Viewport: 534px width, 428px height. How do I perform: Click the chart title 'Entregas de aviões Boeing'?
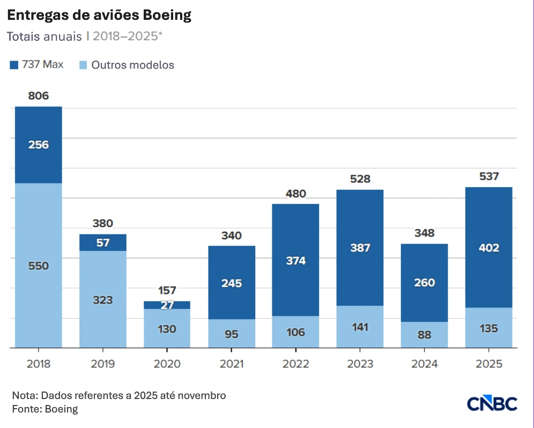click(99, 15)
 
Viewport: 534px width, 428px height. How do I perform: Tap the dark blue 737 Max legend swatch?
click(14, 65)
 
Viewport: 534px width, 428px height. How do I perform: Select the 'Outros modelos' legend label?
click(132, 65)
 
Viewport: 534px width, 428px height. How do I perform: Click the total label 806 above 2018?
click(38, 96)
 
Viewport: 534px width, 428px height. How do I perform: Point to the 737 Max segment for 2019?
click(102, 242)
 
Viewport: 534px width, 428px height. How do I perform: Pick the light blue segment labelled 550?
click(38, 265)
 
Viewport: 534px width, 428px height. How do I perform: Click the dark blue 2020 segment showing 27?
click(167, 305)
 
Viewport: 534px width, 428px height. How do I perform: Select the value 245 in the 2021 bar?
click(231, 283)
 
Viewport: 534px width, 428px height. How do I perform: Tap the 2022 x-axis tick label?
click(295, 364)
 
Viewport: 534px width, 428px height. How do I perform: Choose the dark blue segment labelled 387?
click(360, 248)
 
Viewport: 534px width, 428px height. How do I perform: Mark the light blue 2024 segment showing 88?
click(424, 335)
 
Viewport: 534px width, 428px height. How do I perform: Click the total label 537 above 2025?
click(488, 176)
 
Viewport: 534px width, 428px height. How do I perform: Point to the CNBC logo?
click(492, 403)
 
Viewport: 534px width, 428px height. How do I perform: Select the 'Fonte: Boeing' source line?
click(45, 409)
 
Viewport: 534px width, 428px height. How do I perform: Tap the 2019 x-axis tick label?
click(102, 364)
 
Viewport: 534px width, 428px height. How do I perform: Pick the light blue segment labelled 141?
click(360, 327)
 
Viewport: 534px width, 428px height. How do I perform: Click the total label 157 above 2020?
click(167, 291)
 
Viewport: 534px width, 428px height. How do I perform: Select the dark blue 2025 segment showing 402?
click(488, 248)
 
